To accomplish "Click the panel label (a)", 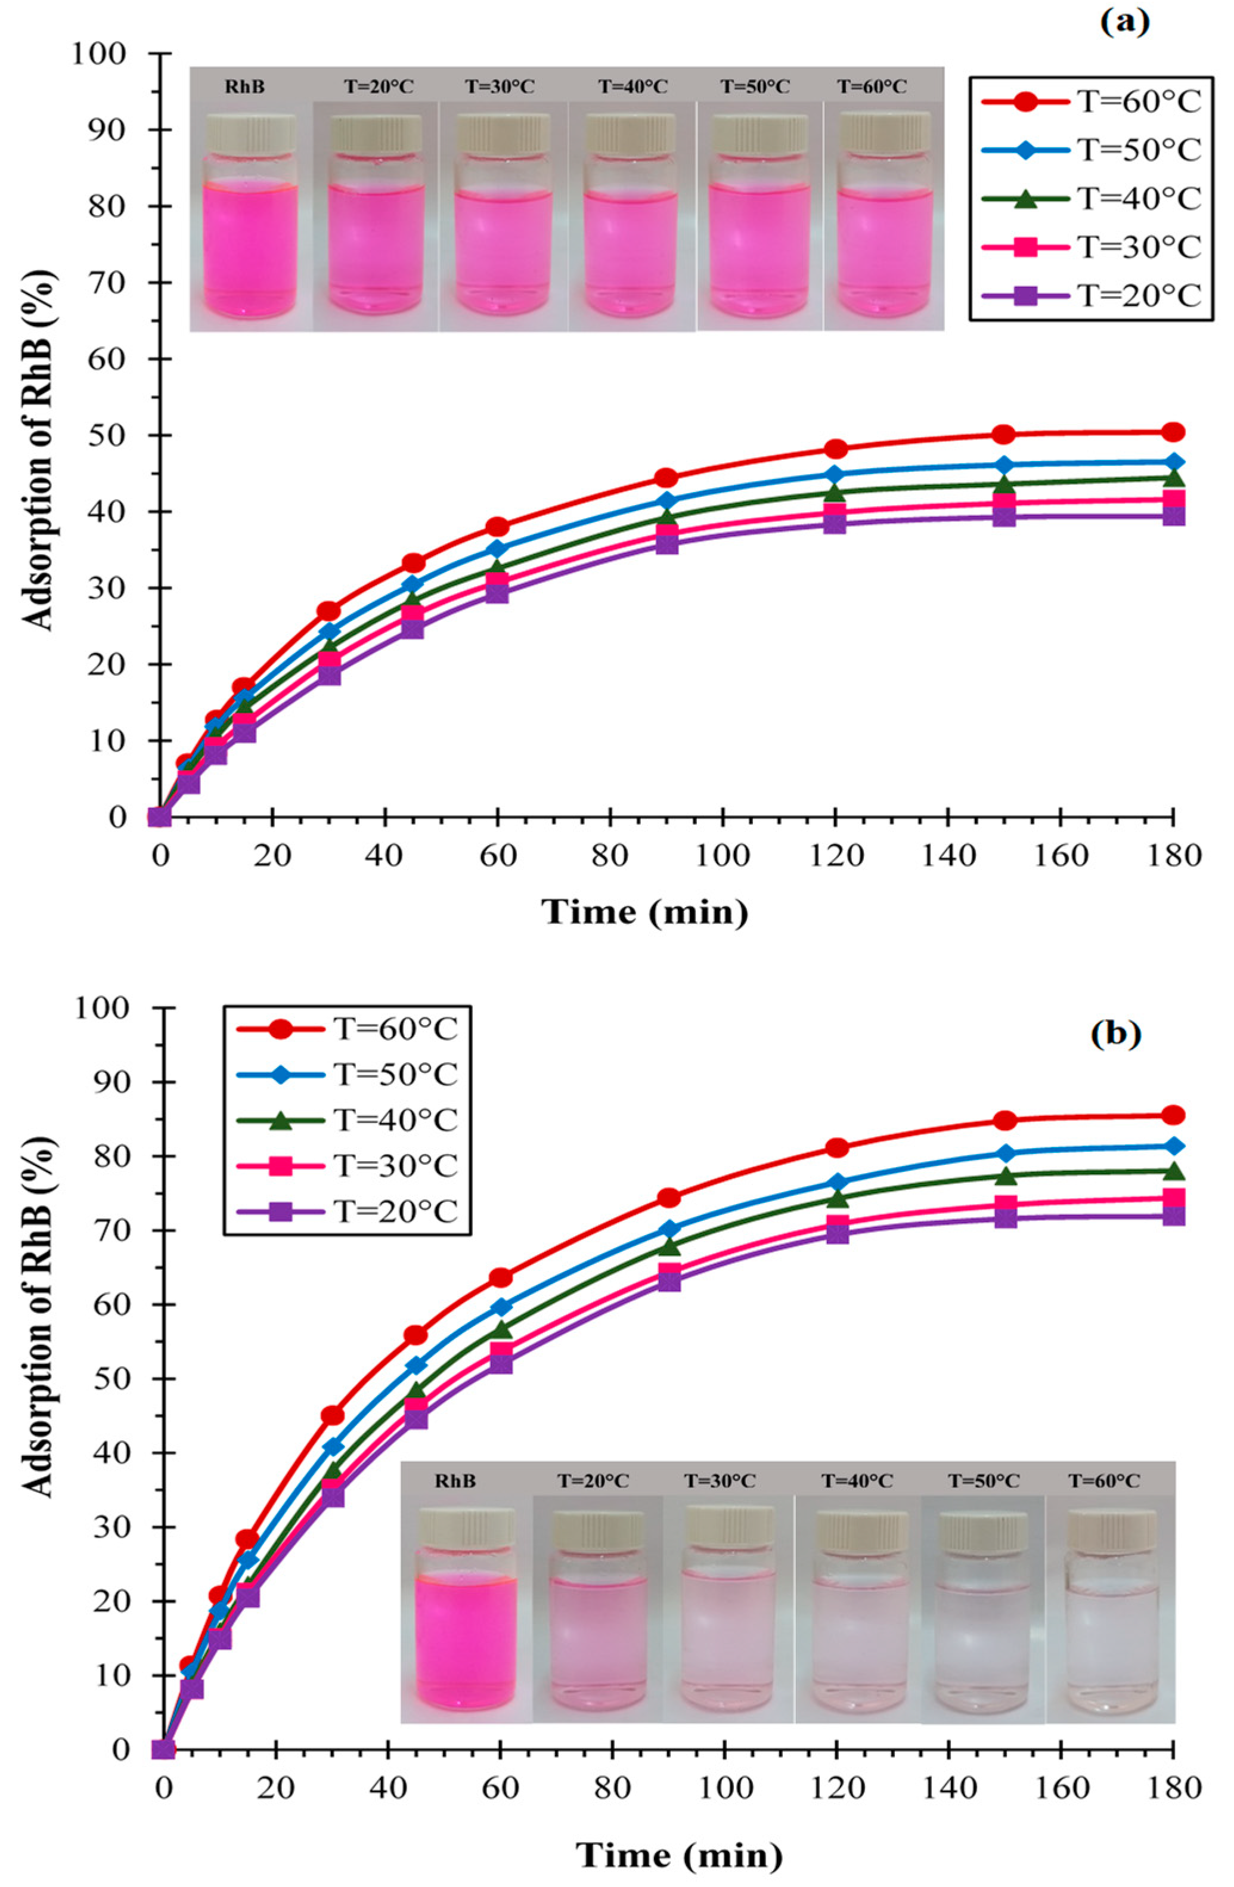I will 1124,21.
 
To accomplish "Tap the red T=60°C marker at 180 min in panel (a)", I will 1173,432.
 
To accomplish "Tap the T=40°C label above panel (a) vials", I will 632,86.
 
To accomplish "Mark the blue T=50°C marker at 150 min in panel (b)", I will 1005,1153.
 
